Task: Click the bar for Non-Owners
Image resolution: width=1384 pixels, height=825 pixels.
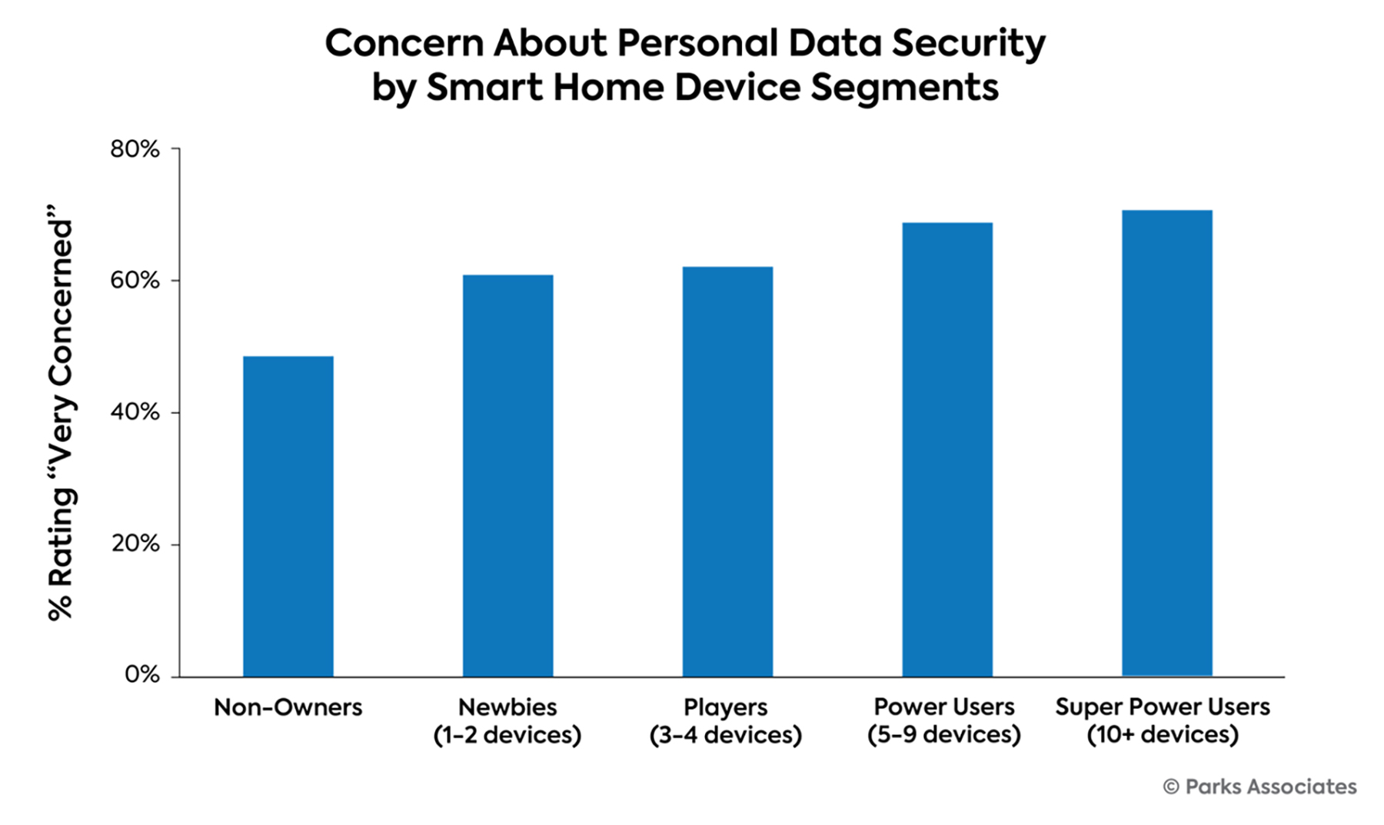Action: pos(288,516)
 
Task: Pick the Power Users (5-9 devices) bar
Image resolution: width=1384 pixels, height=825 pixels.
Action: pos(947,449)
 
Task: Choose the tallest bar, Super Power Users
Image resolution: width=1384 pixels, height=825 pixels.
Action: pos(1166,443)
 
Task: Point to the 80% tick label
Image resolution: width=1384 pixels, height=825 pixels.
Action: pos(135,149)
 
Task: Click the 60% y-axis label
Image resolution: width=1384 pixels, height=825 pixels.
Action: pos(135,281)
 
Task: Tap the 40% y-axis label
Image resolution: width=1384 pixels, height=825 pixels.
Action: pos(135,412)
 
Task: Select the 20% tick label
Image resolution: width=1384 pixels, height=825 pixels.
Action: pos(135,544)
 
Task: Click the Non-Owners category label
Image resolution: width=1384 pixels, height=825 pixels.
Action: pos(288,707)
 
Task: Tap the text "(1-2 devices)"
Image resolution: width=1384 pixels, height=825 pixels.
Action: pos(507,735)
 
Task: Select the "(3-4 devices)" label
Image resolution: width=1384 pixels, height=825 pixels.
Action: pos(726,735)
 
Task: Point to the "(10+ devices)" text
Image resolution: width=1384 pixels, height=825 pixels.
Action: pos(1163,735)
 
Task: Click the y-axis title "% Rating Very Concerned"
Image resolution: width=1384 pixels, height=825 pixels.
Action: pos(60,412)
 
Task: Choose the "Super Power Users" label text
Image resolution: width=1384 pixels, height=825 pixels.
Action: pos(1163,707)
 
